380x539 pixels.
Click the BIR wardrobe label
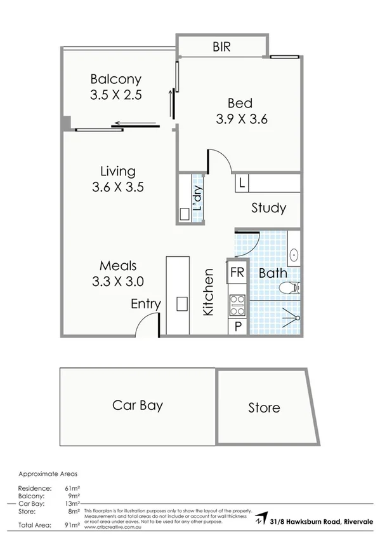[x=221, y=46]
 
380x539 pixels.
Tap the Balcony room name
[x=115, y=80]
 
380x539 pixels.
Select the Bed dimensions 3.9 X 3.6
[x=240, y=118]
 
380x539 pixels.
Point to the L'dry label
[x=197, y=198]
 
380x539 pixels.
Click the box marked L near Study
[x=242, y=184]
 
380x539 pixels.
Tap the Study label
[x=268, y=208]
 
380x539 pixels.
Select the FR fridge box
[x=237, y=273]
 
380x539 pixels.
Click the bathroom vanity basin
[x=296, y=255]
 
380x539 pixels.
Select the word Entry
[x=145, y=304]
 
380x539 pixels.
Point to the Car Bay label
[x=138, y=405]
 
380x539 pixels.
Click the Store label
[x=264, y=407]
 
